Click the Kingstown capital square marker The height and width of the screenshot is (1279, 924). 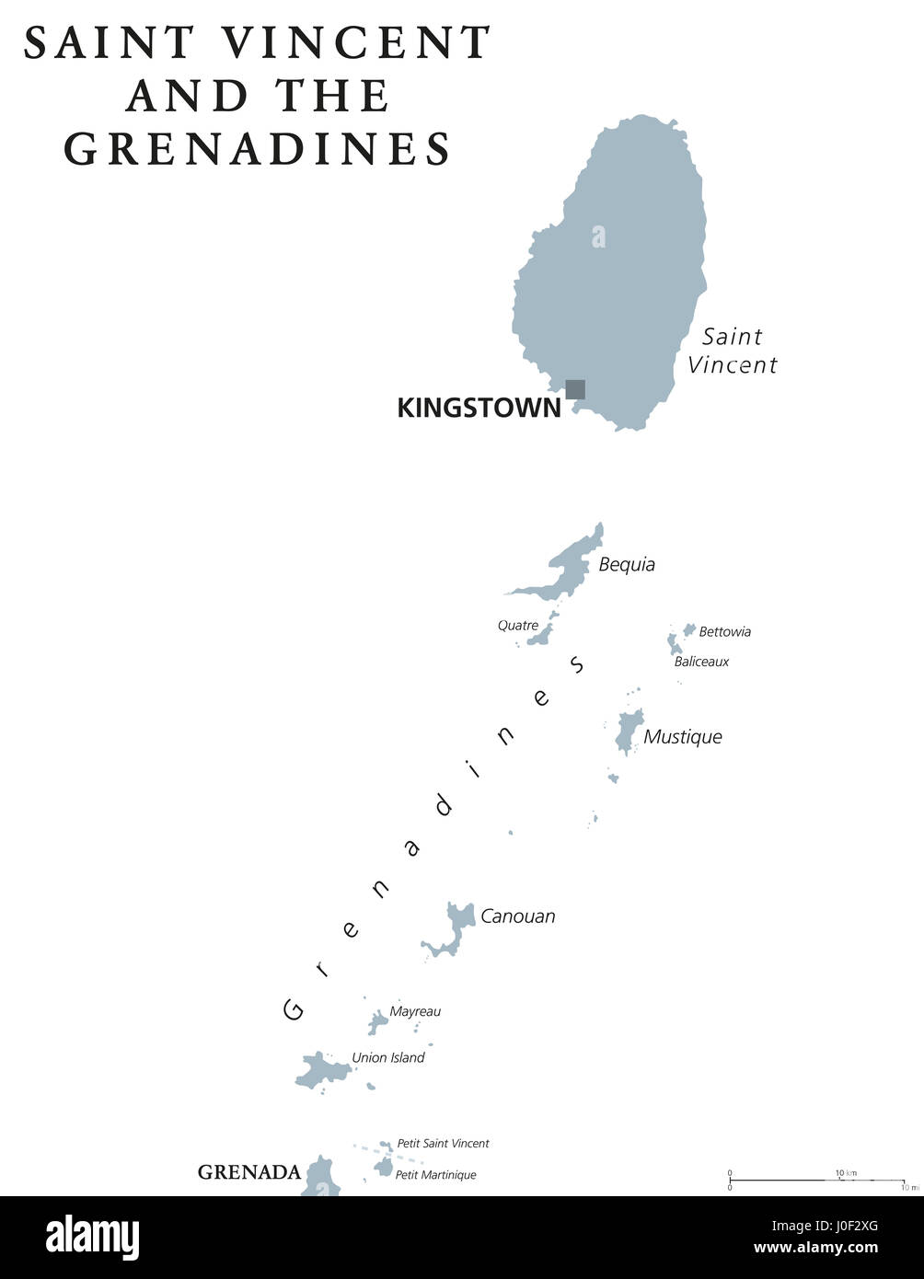[575, 389]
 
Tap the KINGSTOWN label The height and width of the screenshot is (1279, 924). [479, 409]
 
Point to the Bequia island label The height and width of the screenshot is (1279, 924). [627, 565]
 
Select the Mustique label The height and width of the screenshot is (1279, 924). [683, 737]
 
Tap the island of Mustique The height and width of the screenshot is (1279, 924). [629, 729]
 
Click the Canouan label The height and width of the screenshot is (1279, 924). [518, 916]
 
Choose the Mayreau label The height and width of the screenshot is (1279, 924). [415, 1011]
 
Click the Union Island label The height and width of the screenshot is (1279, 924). [388, 1058]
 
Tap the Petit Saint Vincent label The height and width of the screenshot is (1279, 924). [443, 1144]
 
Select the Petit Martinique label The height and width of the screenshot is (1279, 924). [435, 1175]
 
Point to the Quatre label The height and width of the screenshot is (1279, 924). [518, 626]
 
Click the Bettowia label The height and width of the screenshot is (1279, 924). [724, 632]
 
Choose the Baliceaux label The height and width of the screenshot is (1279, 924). [701, 662]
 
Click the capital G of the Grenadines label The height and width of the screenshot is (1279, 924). [294, 1009]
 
